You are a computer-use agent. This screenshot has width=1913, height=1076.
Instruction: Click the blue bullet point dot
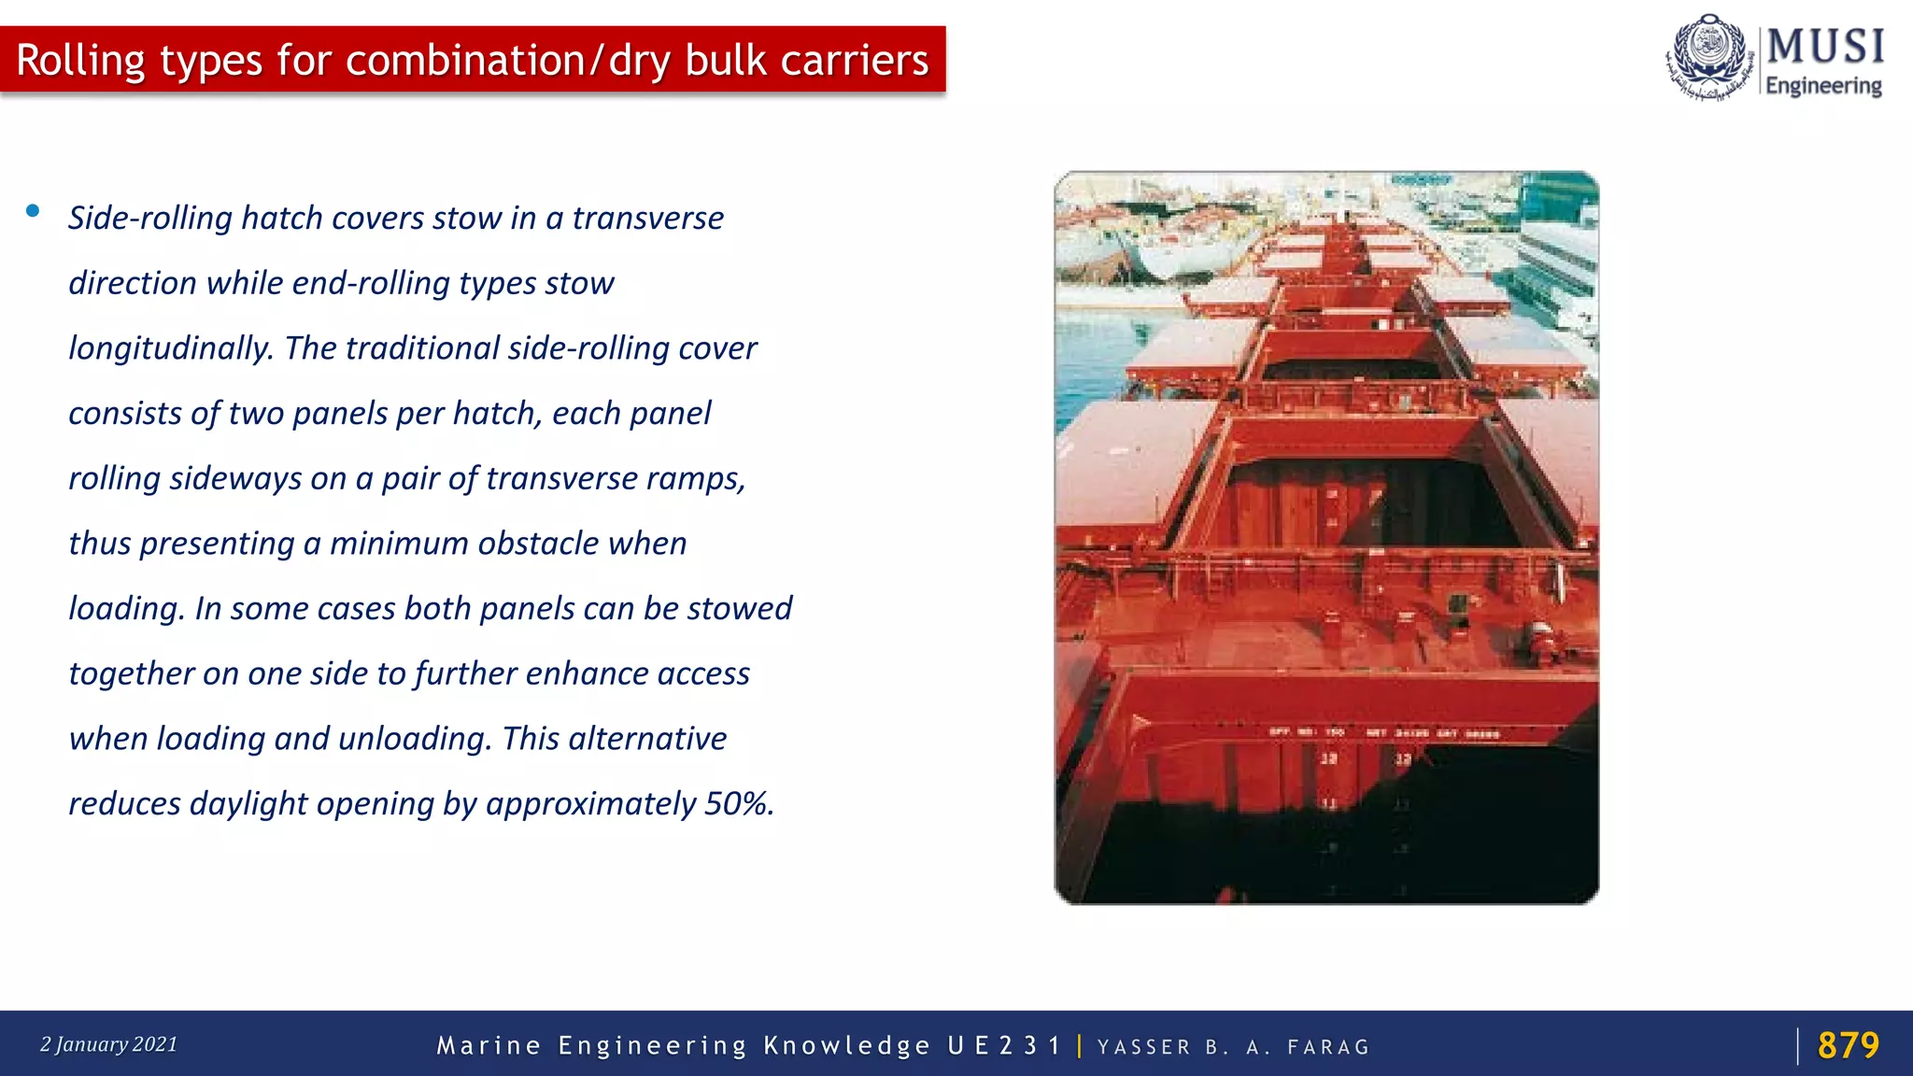[33, 211]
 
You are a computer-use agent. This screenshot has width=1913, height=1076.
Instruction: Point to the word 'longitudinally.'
[171, 348]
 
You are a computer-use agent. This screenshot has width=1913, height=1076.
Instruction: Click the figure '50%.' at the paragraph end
[739, 803]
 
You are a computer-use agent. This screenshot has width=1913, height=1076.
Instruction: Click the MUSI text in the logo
[1824, 47]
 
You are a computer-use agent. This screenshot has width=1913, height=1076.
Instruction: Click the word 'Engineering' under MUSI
[1823, 86]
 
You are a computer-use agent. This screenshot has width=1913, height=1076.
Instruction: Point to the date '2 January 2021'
[108, 1044]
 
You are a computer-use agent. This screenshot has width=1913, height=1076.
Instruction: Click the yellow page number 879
[1848, 1045]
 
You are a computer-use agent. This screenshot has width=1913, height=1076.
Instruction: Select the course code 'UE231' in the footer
[1004, 1046]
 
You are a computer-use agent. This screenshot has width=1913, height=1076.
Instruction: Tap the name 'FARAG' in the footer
[1328, 1047]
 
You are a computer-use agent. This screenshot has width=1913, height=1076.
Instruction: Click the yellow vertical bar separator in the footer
[1080, 1045]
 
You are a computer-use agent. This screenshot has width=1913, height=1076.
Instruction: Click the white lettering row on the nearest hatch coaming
[1382, 733]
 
